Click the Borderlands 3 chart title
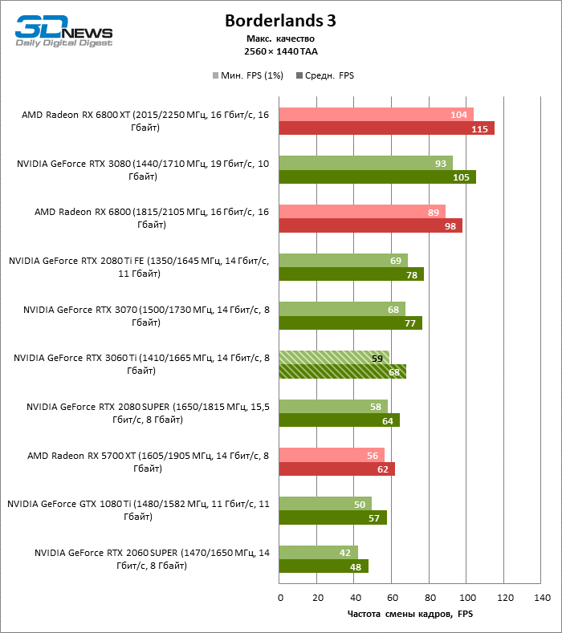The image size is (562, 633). pyautogui.click(x=280, y=22)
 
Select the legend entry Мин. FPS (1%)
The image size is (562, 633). pyautogui.click(x=244, y=75)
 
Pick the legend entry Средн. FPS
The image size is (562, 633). pyautogui.click(x=325, y=75)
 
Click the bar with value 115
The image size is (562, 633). pyautogui.click(x=386, y=128)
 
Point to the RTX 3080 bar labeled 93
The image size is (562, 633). pyautogui.click(x=365, y=163)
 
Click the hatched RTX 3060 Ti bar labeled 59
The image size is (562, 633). pyautogui.click(x=334, y=357)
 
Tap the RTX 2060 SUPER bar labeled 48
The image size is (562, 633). pyautogui.click(x=324, y=566)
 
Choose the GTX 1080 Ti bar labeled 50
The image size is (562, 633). pyautogui.click(x=325, y=504)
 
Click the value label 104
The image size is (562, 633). pyautogui.click(x=459, y=115)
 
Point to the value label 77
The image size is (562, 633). pyautogui.click(x=409, y=323)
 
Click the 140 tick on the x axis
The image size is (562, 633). pyautogui.click(x=542, y=598)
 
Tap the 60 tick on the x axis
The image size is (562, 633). pyautogui.click(x=392, y=598)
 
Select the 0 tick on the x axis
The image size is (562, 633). pyautogui.click(x=279, y=598)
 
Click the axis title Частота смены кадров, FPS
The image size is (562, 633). pyautogui.click(x=410, y=614)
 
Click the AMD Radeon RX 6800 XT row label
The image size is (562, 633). pyautogui.click(x=145, y=121)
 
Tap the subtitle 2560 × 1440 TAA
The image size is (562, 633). pyautogui.click(x=280, y=51)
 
